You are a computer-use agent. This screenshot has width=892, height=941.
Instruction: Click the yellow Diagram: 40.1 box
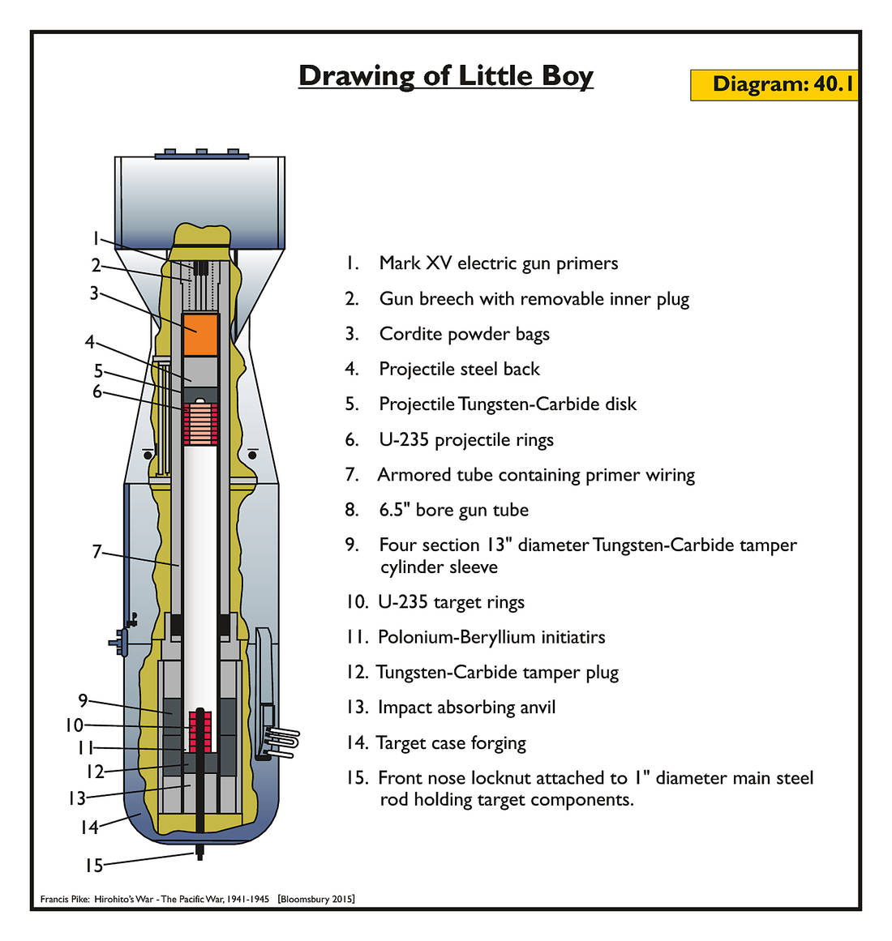[x=774, y=84]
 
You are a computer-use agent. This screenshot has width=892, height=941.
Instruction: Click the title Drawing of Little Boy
[x=446, y=75]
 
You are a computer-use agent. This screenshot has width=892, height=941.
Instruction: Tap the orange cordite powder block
[x=200, y=334]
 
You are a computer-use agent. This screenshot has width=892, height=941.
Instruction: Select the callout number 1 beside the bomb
[x=95, y=238]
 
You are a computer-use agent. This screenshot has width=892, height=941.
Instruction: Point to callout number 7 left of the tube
[x=96, y=552]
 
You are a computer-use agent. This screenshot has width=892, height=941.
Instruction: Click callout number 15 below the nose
[x=94, y=866]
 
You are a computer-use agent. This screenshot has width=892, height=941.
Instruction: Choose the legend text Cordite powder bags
[x=464, y=334]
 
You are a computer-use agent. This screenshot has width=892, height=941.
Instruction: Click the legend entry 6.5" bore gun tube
[x=453, y=510]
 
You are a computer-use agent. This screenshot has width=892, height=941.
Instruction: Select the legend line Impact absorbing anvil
[x=466, y=708]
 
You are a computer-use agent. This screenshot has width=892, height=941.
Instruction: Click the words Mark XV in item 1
[x=415, y=263]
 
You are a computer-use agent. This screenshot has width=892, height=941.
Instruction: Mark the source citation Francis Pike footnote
[x=197, y=899]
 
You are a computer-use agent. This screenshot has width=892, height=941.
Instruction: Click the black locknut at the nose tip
[x=199, y=852]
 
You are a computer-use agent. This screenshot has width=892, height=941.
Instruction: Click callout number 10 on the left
[x=75, y=725]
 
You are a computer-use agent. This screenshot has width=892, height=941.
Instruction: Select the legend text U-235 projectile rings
[x=465, y=440]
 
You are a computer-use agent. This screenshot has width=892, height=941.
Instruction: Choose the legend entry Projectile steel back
[x=459, y=370]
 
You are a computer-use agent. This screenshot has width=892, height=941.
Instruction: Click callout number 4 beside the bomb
[x=90, y=342]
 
